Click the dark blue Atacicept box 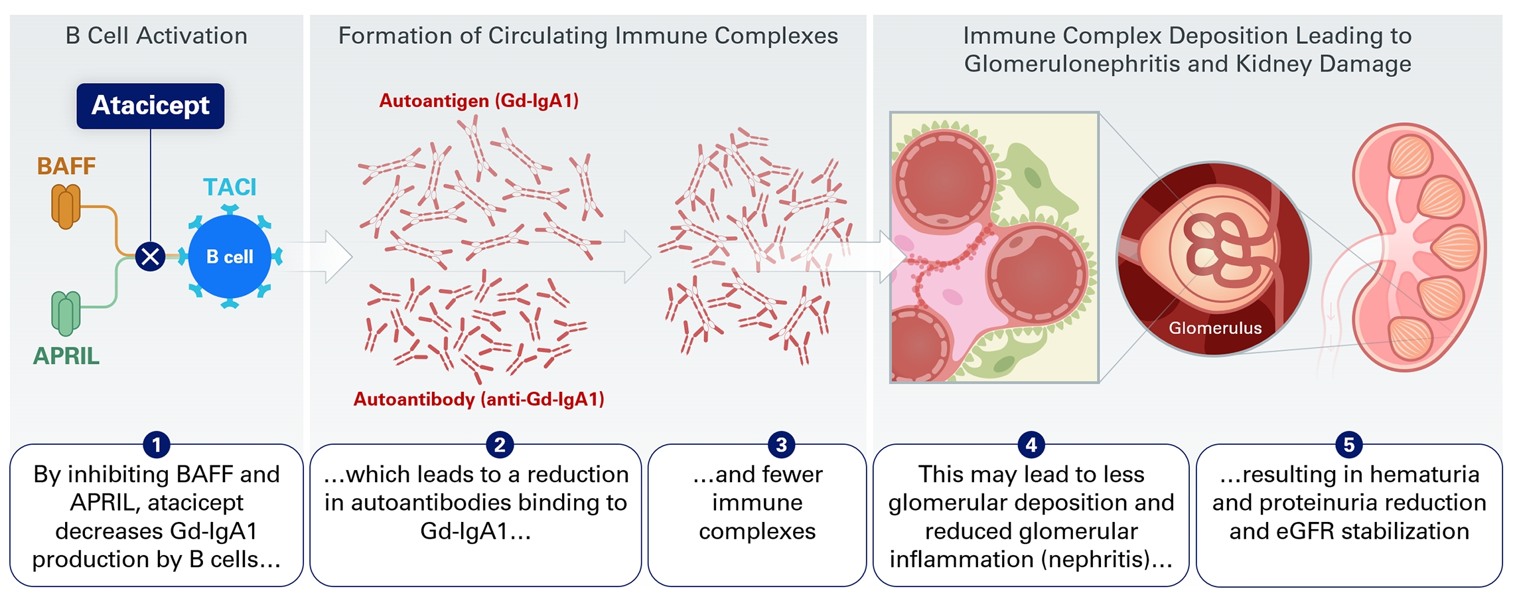pyautogui.click(x=151, y=106)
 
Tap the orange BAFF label pyautogui.click(x=66, y=166)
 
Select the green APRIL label pyautogui.click(x=66, y=356)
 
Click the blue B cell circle pyautogui.click(x=230, y=256)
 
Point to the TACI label pyautogui.click(x=230, y=187)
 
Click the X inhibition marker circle pyautogui.click(x=151, y=256)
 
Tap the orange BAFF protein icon pyautogui.click(x=66, y=207)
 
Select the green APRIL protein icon pyautogui.click(x=66, y=313)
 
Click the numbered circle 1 pyautogui.click(x=157, y=444)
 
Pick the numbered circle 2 pyautogui.click(x=500, y=444)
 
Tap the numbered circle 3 pyautogui.click(x=781, y=444)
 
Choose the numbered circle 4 pyautogui.click(x=1031, y=444)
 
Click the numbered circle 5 pyautogui.click(x=1348, y=444)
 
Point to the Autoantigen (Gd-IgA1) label pyautogui.click(x=478, y=101)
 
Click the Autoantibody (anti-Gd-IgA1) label pyautogui.click(x=478, y=399)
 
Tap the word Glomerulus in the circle pyautogui.click(x=1215, y=328)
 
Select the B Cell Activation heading pyautogui.click(x=157, y=36)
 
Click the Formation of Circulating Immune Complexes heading pyautogui.click(x=588, y=36)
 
